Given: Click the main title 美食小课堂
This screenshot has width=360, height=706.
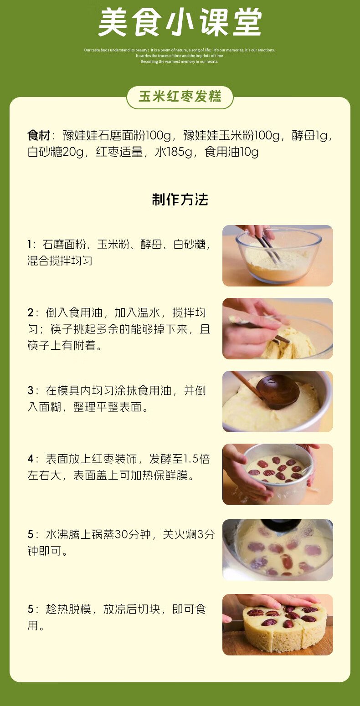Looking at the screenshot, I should (x=180, y=23).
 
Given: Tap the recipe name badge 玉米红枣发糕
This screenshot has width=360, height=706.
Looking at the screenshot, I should (x=180, y=97).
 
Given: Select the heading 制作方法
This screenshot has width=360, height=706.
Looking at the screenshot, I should (x=180, y=200).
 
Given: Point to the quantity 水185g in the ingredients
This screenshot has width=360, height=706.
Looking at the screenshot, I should (x=174, y=152).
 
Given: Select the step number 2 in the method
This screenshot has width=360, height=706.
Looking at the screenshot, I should (x=31, y=313).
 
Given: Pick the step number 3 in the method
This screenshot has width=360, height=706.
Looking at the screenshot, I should (x=31, y=390).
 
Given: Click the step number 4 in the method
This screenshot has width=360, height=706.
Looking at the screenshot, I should (x=31, y=459).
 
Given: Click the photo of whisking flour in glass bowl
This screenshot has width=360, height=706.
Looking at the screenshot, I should (x=278, y=256).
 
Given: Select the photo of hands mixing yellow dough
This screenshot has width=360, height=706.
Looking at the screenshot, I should (x=278, y=328).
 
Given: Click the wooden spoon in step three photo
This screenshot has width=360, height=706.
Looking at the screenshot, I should (x=276, y=390).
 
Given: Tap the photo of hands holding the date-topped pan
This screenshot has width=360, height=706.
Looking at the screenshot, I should (x=278, y=474).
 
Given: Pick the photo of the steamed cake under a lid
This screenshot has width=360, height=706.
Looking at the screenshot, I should (x=278, y=550).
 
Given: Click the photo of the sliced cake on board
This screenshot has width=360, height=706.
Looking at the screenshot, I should (x=278, y=624).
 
